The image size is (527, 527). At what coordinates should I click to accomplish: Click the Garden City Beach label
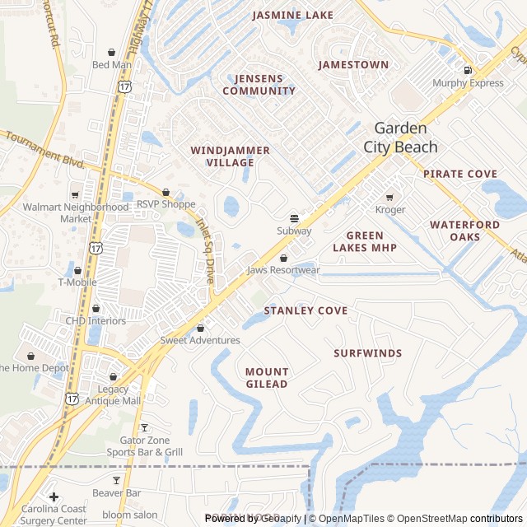pos(401,138)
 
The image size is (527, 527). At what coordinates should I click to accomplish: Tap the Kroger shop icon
pos(389,197)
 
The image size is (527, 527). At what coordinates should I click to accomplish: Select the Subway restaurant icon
pos(294,218)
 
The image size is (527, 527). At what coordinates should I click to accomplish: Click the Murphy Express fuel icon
pos(468,70)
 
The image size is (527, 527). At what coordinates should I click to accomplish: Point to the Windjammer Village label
pos(222,156)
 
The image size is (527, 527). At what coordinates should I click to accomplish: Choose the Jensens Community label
pos(259,85)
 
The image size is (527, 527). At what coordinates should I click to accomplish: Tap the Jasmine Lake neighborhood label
pos(293,15)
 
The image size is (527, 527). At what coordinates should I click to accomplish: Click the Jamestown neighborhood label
pos(353,64)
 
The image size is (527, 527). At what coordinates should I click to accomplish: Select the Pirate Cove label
pos(460,174)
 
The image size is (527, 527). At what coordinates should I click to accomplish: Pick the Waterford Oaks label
pos(464,231)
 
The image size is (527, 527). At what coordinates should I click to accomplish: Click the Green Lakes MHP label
pos(365,241)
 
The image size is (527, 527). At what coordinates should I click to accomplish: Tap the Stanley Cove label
pos(305,310)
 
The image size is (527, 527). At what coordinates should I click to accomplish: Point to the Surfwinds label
pos(368,353)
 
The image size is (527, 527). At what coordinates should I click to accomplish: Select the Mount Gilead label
pos(267,378)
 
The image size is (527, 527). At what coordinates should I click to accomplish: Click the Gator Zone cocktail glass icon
pos(145,427)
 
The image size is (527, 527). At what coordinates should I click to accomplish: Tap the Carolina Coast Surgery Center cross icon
pos(54,497)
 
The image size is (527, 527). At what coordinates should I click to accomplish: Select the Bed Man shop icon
pos(111,52)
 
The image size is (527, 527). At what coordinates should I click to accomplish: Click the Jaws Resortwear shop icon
pos(283,258)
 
